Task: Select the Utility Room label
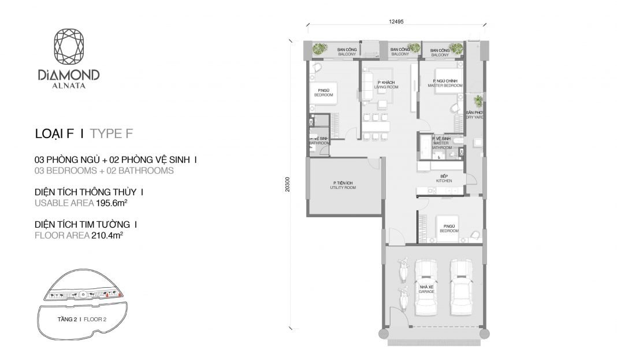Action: [x=343, y=185]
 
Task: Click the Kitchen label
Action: [x=444, y=179]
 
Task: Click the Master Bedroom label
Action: [x=445, y=83]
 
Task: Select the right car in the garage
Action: [x=462, y=286]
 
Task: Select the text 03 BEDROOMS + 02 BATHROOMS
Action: [x=104, y=170]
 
